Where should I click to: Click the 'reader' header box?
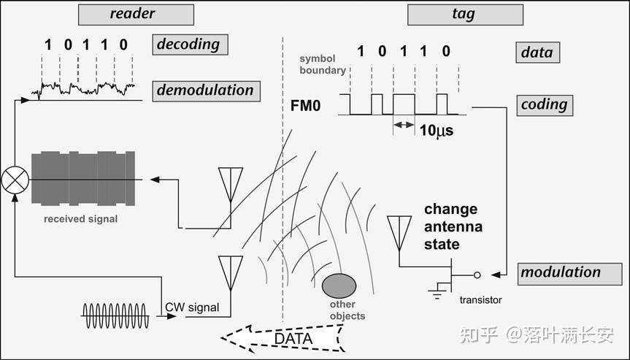(136, 14)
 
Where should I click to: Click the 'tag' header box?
(465, 14)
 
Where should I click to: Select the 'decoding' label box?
(191, 45)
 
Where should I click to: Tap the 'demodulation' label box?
(205, 91)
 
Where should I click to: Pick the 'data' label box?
(537, 53)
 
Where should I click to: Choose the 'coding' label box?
(545, 104)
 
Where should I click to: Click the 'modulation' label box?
(561, 272)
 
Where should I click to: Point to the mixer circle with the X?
(15, 179)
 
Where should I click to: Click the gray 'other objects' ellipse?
(339, 286)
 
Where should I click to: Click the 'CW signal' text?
(192, 307)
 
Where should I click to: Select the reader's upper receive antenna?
(231, 183)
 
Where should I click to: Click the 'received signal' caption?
(80, 218)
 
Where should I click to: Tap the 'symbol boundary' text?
(322, 64)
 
